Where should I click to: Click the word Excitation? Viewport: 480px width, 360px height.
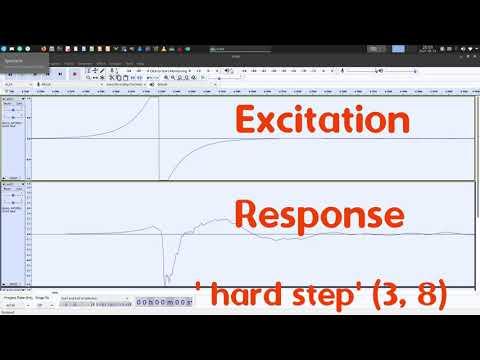point(322,122)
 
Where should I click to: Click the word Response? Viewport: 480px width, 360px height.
point(320,214)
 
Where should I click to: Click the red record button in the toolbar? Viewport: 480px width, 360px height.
point(75,73)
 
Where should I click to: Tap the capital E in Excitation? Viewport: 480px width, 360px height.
point(247,122)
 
